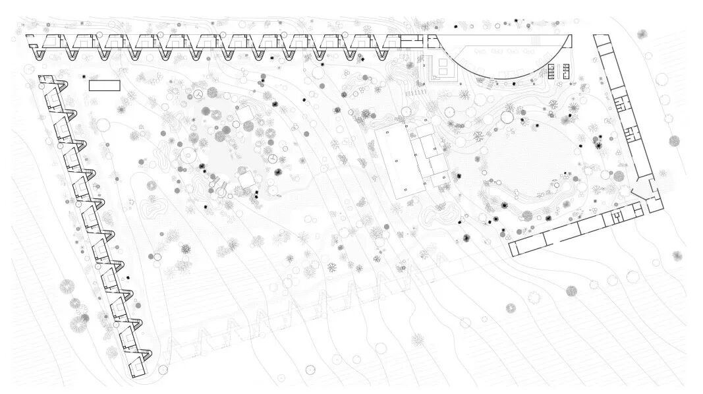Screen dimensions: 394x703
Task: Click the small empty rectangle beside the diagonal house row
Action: pos(104,85)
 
